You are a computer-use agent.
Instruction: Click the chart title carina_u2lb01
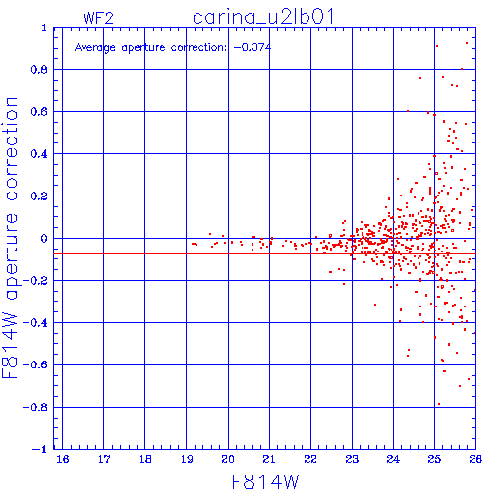click(263, 17)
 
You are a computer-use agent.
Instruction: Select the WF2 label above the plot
click(98, 18)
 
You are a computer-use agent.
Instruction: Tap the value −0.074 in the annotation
click(252, 47)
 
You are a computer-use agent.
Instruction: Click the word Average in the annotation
click(95, 48)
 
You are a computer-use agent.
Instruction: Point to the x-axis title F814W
click(265, 482)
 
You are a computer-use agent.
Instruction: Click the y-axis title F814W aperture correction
click(10, 238)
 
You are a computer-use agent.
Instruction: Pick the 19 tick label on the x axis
click(187, 460)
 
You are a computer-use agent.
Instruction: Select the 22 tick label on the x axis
click(310, 460)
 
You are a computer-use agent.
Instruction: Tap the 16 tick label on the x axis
click(63, 460)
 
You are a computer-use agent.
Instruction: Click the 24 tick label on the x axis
click(393, 460)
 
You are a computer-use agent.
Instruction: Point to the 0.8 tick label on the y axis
click(39, 70)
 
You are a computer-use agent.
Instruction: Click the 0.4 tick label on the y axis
click(39, 154)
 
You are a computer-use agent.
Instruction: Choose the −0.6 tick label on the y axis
click(35, 364)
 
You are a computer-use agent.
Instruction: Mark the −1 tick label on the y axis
click(39, 449)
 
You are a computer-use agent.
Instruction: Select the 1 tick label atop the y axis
click(44, 28)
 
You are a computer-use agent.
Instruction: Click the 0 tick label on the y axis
click(44, 239)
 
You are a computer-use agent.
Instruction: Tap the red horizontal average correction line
click(264, 253)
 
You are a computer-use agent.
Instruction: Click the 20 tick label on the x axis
click(228, 460)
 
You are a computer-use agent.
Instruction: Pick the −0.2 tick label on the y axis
click(35, 281)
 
